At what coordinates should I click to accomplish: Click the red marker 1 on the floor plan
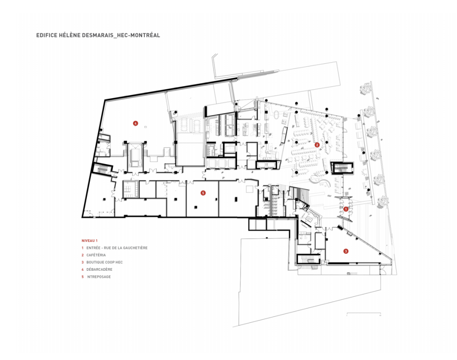346,209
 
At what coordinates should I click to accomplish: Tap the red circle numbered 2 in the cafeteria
317,145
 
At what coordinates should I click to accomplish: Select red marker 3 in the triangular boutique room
346,251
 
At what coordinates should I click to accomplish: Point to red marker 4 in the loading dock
135,124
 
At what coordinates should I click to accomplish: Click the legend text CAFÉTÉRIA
96,255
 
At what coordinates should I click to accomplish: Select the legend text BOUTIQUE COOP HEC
105,262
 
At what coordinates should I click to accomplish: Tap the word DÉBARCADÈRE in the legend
99,269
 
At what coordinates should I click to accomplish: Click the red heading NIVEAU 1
90,240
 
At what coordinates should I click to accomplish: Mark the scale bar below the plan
364,314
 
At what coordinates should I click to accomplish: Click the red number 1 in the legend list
83,248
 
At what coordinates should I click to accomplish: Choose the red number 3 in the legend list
83,262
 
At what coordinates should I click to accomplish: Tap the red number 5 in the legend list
83,277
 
